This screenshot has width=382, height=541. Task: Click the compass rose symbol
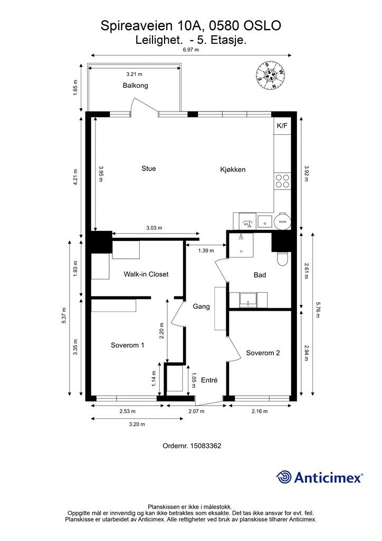[x=271, y=75]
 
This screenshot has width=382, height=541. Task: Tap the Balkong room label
[x=136, y=85]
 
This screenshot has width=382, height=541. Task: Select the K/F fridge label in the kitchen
[x=282, y=126]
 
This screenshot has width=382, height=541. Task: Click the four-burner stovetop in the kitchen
[x=282, y=181]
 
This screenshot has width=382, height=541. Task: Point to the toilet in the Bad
[x=282, y=259]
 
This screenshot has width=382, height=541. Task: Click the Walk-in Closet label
[x=146, y=274]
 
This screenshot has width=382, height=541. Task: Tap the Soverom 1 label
[x=128, y=345]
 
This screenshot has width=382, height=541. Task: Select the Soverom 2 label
[x=263, y=352]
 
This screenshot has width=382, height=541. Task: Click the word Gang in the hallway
[x=201, y=306]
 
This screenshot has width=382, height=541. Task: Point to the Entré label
[x=209, y=380]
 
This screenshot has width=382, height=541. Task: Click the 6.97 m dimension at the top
[x=191, y=49]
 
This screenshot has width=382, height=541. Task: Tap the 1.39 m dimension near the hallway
[x=206, y=250]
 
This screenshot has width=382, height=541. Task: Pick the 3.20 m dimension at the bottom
[x=137, y=424]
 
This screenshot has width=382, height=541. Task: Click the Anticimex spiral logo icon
[x=284, y=477]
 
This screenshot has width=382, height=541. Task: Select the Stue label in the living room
[x=149, y=169]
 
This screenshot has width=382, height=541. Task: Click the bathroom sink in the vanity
[x=248, y=299]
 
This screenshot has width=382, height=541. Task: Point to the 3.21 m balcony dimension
[x=134, y=74]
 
